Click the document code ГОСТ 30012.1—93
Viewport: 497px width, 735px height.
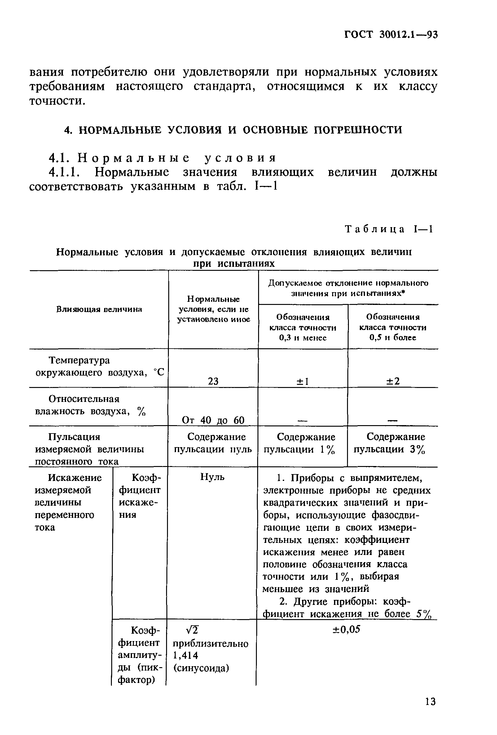click(x=391, y=34)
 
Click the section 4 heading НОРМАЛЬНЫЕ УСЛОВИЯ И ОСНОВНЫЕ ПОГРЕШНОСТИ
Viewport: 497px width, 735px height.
click(x=233, y=130)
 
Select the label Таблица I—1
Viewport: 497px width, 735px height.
click(x=389, y=229)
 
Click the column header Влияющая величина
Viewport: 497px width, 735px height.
click(x=99, y=309)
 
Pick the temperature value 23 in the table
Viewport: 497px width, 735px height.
click(x=213, y=381)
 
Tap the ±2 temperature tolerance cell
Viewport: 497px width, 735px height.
click(x=393, y=381)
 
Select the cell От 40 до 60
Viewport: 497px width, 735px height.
click(x=213, y=420)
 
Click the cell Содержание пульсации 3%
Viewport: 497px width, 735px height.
click(x=393, y=443)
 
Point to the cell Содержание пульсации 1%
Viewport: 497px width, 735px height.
click(x=302, y=443)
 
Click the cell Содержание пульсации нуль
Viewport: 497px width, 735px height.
click(x=213, y=443)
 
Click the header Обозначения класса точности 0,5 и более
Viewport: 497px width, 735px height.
click(x=393, y=327)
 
